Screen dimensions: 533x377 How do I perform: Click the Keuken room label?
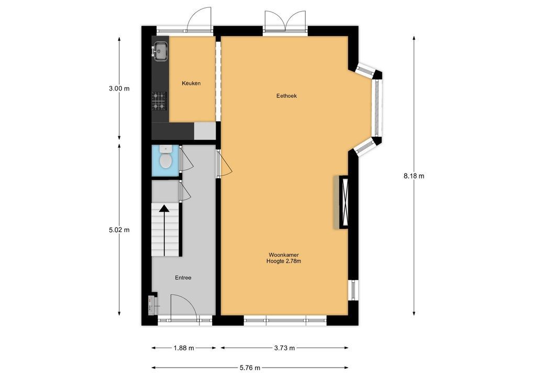191,83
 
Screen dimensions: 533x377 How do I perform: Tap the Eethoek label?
286,96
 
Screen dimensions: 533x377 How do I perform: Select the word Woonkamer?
284,254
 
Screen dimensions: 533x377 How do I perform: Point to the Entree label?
183,278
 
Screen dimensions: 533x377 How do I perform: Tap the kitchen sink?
160,51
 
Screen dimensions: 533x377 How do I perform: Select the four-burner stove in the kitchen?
159,101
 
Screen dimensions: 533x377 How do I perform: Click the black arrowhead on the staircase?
164,208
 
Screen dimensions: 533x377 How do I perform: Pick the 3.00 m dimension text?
119,88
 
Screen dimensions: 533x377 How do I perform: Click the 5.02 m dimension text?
119,230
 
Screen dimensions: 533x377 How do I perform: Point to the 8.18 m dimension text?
414,176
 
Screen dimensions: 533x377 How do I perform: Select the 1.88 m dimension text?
184,348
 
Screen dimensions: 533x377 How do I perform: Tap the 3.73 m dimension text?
284,348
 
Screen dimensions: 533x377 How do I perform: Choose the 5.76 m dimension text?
250,368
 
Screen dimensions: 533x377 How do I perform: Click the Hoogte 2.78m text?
284,261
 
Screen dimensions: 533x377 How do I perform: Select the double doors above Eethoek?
285,21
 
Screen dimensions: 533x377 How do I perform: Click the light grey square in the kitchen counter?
205,131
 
